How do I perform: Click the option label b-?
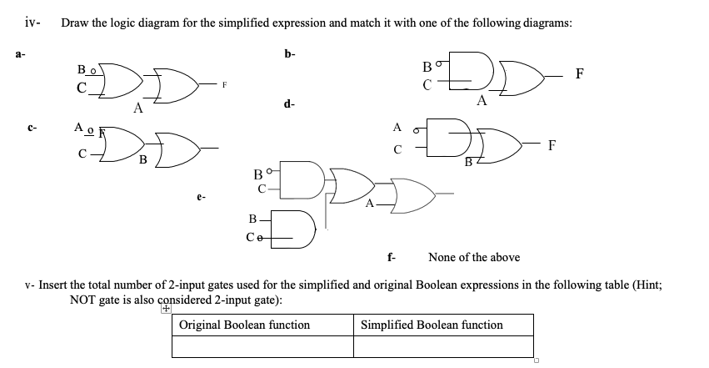(x=289, y=55)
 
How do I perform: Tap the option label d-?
(x=288, y=105)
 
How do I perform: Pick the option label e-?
(x=201, y=198)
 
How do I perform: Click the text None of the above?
(x=473, y=257)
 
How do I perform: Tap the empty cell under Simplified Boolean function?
(x=444, y=345)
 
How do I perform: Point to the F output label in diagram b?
(x=581, y=73)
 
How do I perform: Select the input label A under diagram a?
(x=137, y=107)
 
